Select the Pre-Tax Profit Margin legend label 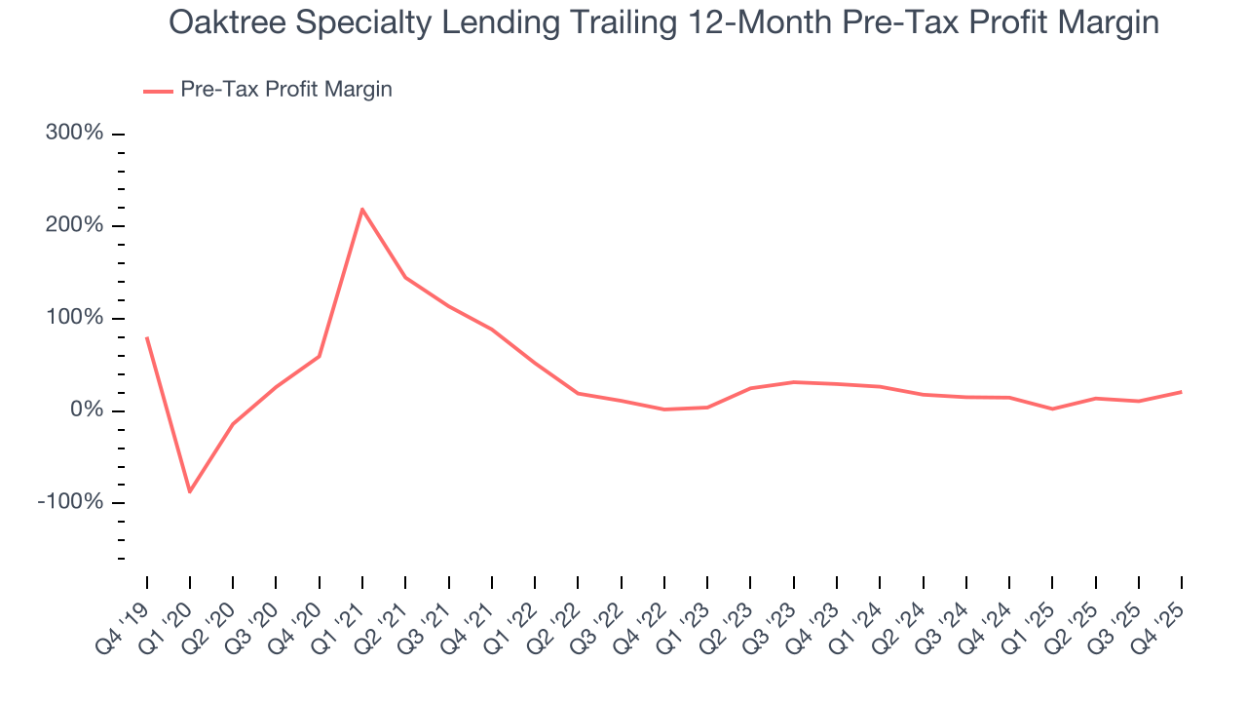point(285,90)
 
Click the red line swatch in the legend point(158,91)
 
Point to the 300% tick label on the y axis point(74,133)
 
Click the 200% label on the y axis point(74,225)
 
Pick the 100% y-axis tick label point(74,318)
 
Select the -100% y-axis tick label point(70,502)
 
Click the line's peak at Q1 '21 point(362,209)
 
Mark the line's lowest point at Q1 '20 point(190,491)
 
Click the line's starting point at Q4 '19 point(147,337)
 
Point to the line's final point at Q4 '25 point(1182,392)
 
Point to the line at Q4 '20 point(320,356)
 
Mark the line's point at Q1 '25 point(1052,409)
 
